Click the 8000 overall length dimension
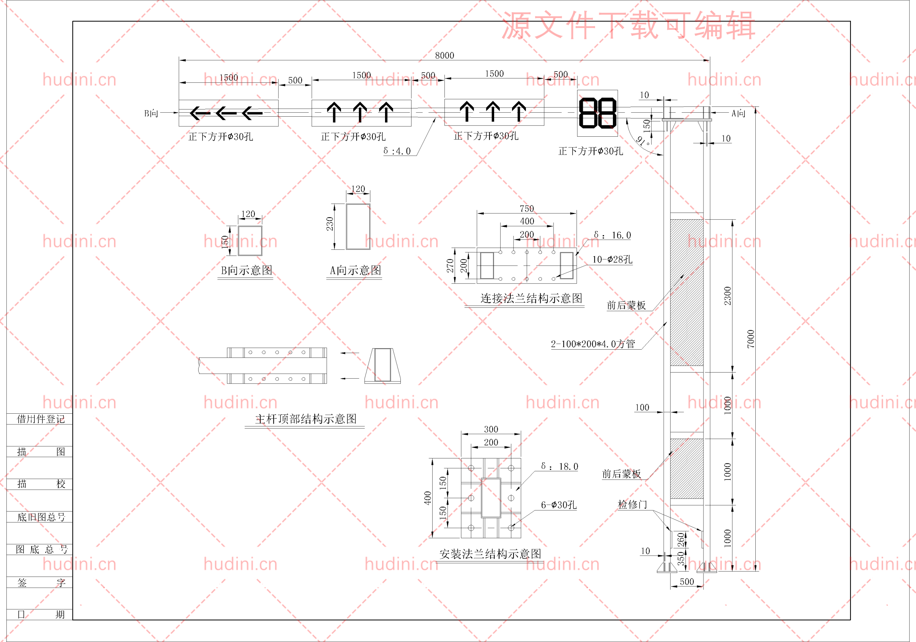pyautogui.click(x=444, y=55)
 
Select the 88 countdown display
pyautogui.click(x=597, y=113)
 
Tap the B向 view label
pyautogui.click(x=151, y=113)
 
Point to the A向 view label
pyautogui.click(x=738, y=113)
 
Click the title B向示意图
pyautogui.click(x=246, y=271)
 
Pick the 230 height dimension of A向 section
pyautogui.click(x=330, y=224)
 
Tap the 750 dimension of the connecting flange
pyautogui.click(x=527, y=209)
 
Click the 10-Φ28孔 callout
pyautogui.click(x=612, y=260)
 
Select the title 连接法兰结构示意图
pyautogui.click(x=531, y=298)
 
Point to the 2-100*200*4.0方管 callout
pyautogui.click(x=593, y=344)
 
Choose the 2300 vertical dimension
pyautogui.click(x=728, y=296)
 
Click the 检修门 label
pyautogui.click(x=632, y=504)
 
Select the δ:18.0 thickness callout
pyautogui.click(x=559, y=466)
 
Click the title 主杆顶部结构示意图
pyautogui.click(x=306, y=419)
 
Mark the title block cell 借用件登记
pyautogui.click(x=41, y=419)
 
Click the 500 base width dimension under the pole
pyautogui.click(x=687, y=582)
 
